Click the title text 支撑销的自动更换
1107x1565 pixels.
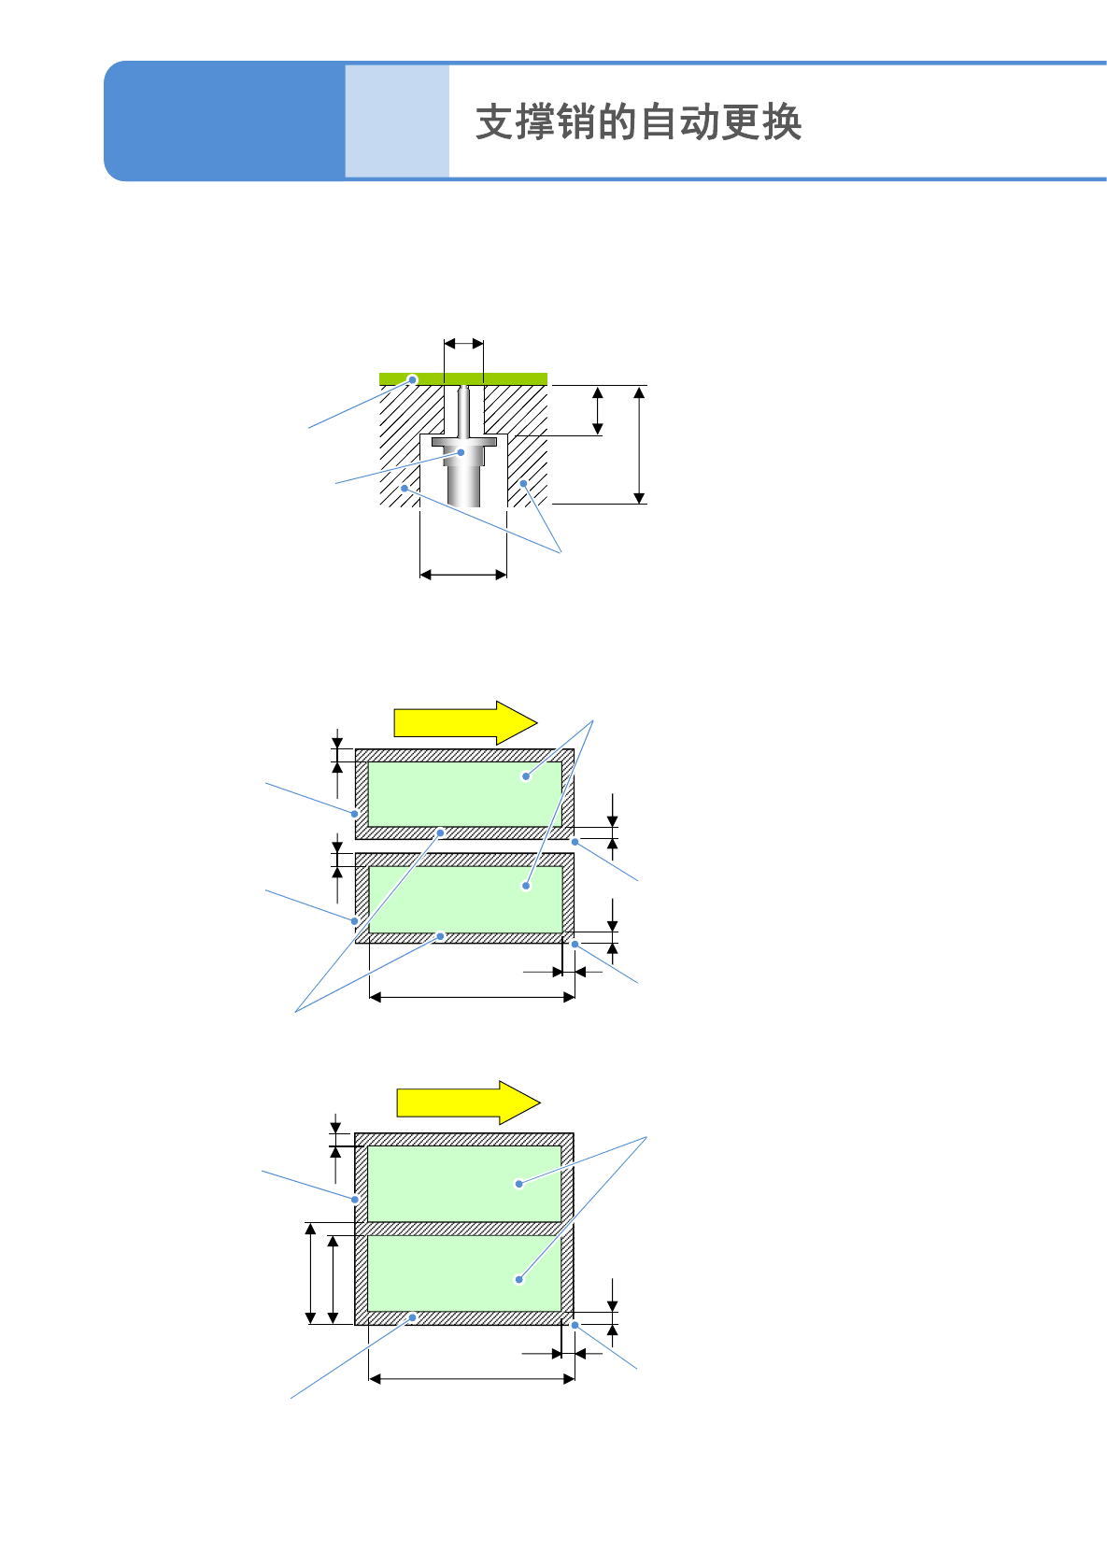coord(638,122)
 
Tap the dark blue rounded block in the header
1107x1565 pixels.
coord(224,121)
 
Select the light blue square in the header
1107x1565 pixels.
coord(397,121)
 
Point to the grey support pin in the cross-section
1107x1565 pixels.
coord(463,477)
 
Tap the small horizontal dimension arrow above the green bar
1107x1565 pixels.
coord(463,344)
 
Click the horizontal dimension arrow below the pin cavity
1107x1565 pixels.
coord(463,575)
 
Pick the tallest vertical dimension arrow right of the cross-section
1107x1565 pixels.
coord(639,445)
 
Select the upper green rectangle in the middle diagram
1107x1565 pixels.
coord(464,794)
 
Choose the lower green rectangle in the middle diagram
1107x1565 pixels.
coord(464,899)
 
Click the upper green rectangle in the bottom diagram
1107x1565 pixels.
coord(464,1183)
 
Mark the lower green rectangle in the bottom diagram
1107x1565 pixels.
coord(464,1273)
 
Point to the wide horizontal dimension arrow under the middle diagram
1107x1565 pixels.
coord(472,997)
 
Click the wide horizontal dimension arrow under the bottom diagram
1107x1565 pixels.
coord(472,1378)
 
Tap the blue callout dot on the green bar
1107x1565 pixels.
coord(412,379)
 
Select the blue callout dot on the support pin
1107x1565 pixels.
coord(461,452)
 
